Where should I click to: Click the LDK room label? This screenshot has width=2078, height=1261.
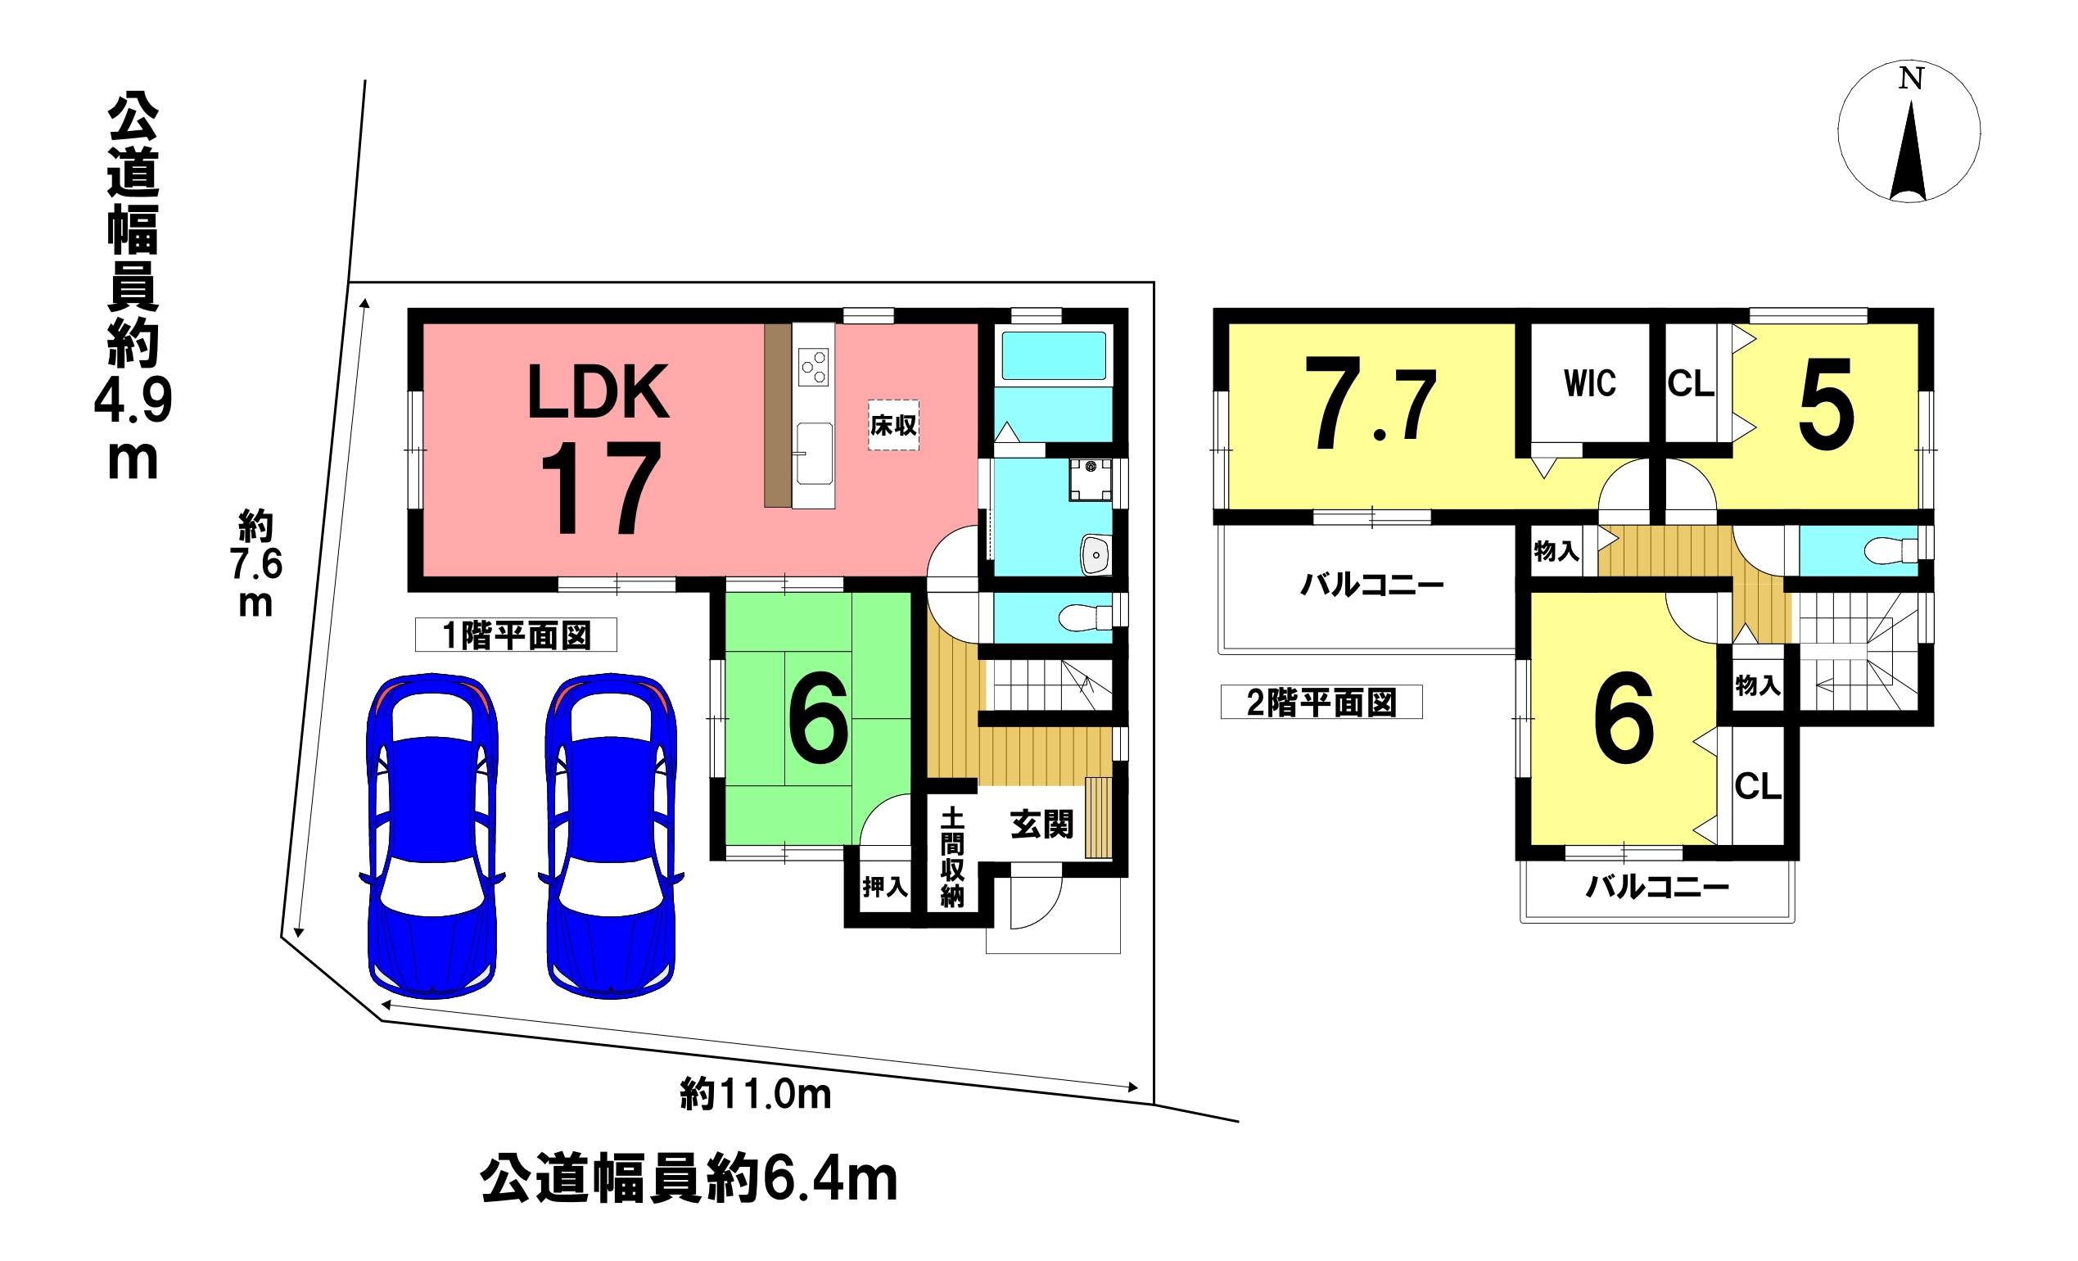598,392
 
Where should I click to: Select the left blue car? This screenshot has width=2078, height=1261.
431,835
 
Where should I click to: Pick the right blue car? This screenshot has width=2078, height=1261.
611,835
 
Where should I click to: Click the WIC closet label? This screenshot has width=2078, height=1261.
1590,384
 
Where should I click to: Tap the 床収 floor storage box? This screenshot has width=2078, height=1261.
893,425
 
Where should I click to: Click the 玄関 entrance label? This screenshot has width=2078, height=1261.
1041,824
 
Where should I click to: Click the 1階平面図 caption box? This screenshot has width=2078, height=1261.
516,635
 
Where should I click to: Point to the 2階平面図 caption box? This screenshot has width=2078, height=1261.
1321,702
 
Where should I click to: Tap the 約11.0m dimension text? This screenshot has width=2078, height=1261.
756,1095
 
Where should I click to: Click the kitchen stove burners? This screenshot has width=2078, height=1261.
814,368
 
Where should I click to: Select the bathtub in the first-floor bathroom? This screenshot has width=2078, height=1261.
1054,356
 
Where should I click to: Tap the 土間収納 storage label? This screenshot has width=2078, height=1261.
952,857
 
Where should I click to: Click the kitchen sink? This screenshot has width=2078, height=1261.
814,454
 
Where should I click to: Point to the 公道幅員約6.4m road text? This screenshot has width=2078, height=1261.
689,1179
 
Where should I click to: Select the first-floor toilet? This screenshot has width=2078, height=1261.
1086,617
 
